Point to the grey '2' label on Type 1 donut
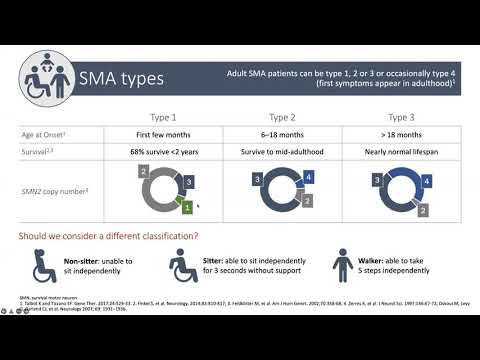(144, 172)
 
